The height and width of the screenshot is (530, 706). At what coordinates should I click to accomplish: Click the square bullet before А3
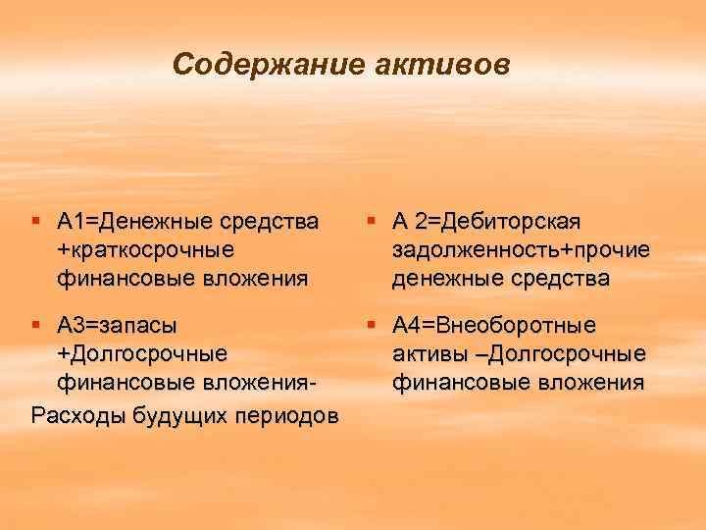[37, 324]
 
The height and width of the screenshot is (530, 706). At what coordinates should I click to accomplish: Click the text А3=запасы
[118, 324]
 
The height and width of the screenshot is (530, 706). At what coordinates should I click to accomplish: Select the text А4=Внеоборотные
[499, 324]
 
